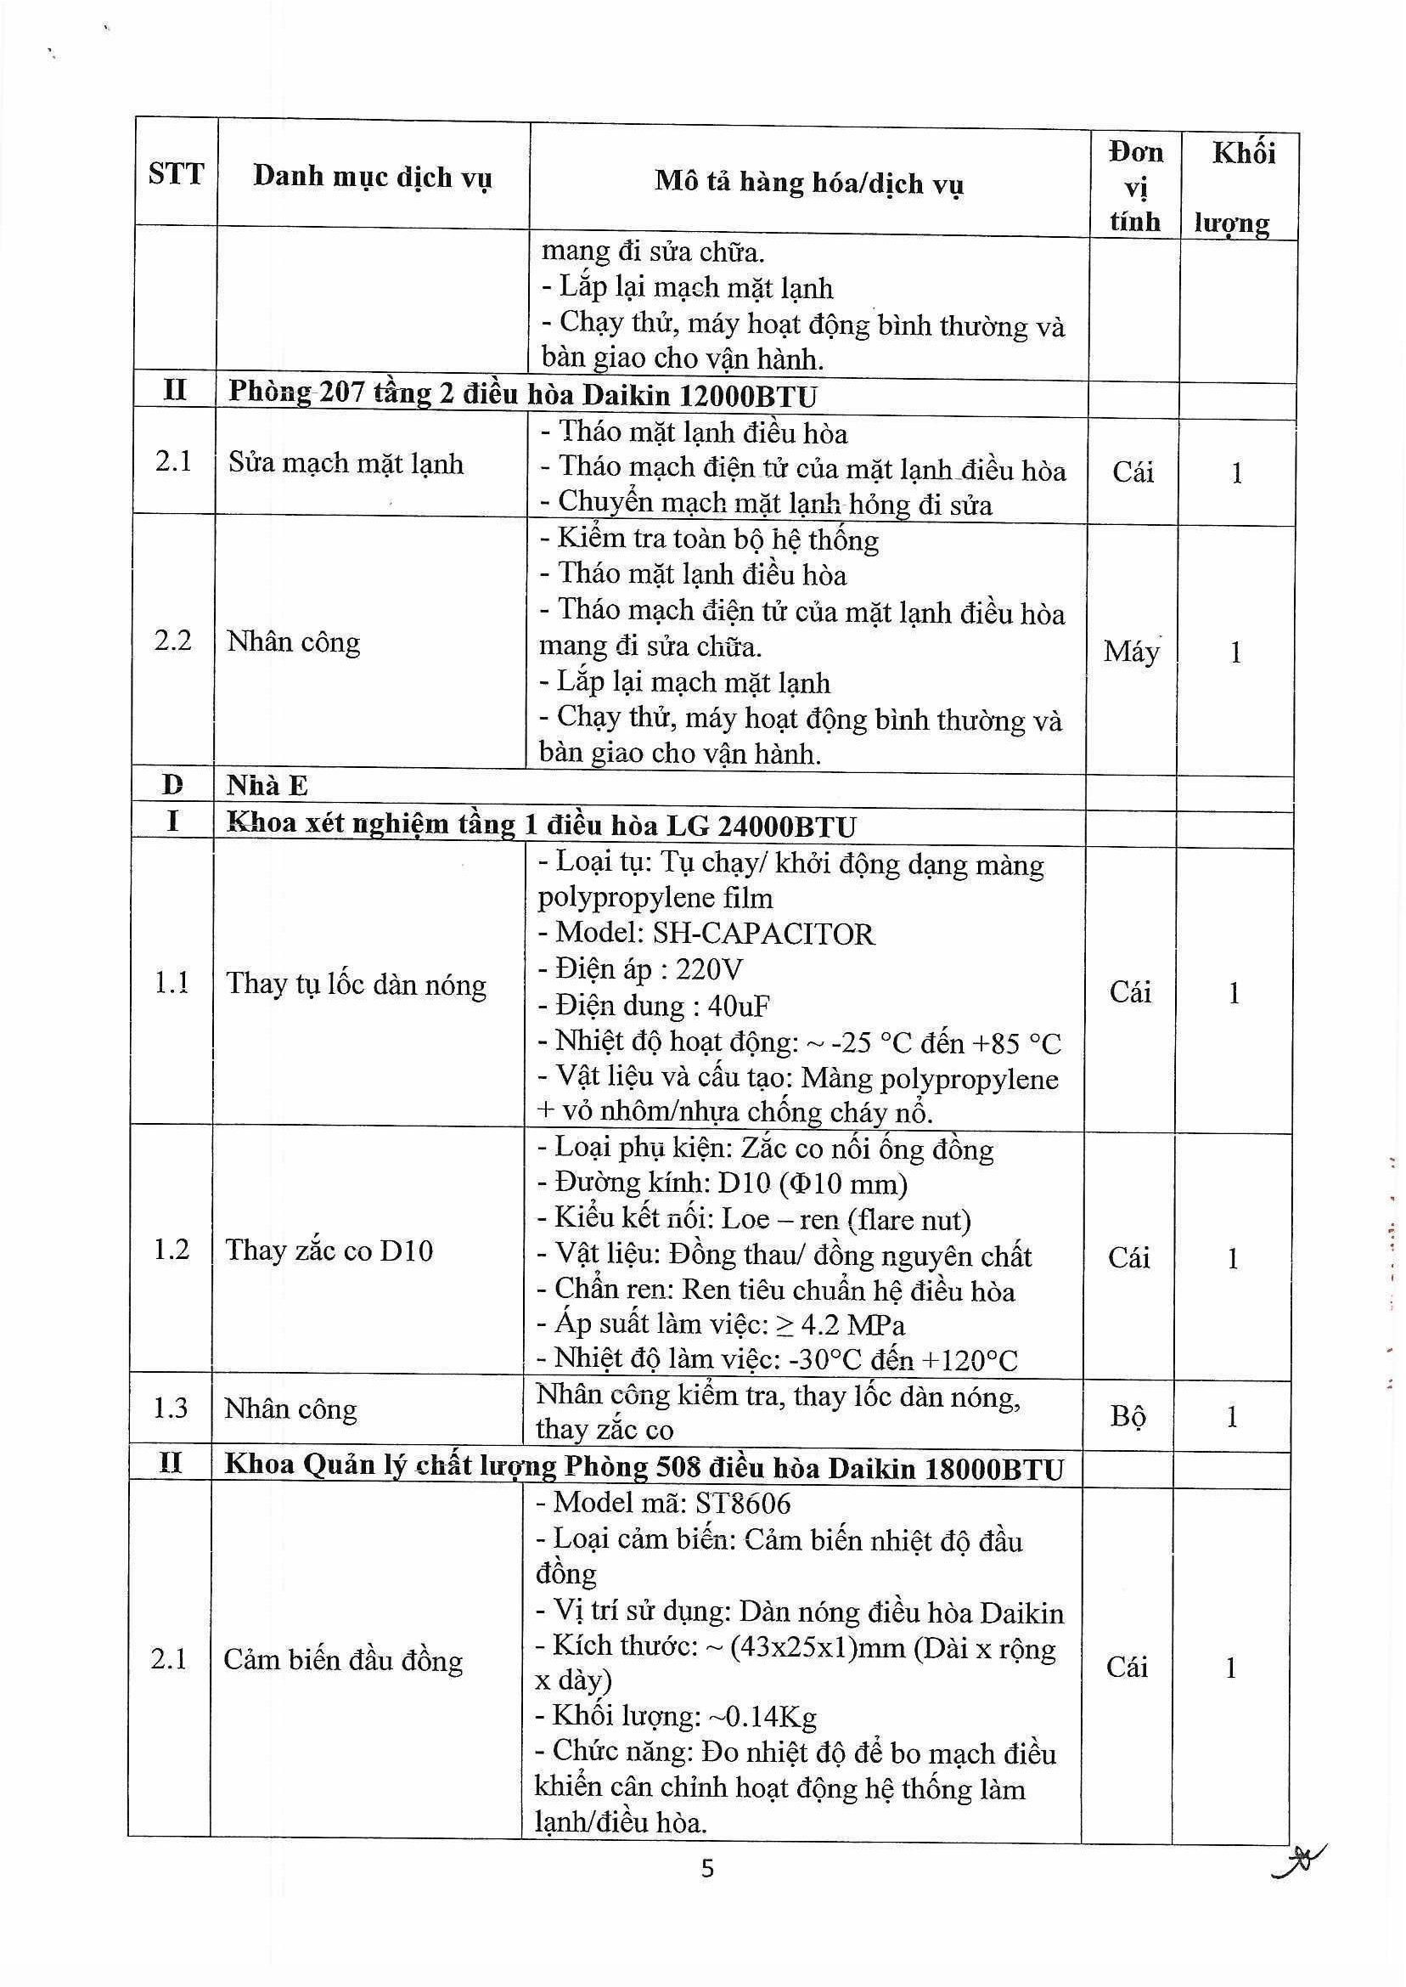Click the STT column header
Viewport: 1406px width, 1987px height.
point(176,174)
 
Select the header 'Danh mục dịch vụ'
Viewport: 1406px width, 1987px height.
point(372,178)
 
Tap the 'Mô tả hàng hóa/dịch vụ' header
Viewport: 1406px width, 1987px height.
point(808,183)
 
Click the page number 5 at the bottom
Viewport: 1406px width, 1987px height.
point(707,1868)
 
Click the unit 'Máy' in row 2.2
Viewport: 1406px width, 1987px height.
point(1132,652)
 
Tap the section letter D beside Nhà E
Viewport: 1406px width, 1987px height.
point(173,786)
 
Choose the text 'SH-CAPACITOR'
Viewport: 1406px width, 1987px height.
point(762,934)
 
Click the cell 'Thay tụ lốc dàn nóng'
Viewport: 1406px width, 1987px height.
point(356,985)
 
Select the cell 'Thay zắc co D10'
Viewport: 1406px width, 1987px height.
point(329,1250)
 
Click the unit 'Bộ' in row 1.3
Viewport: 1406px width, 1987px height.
point(1128,1416)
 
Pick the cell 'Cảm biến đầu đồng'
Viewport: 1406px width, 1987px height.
point(343,1661)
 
